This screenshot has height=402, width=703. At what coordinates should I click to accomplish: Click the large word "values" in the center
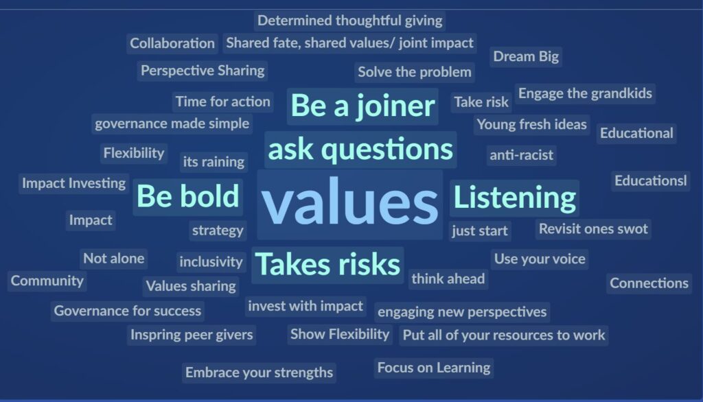pos(349,201)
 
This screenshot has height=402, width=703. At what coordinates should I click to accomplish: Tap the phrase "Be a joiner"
pos(362,106)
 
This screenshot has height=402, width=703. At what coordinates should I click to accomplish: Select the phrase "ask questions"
pos(360,149)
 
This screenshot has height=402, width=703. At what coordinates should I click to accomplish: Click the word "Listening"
pos(514,198)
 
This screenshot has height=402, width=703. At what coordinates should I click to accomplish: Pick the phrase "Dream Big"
pos(526,56)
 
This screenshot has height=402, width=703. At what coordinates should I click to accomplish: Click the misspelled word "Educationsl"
pos(651,180)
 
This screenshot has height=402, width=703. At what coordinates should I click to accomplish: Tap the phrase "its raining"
pos(214,162)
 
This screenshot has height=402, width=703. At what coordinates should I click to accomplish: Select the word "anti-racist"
pos(522,155)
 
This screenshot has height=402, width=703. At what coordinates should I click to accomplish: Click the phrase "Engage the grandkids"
pos(585,94)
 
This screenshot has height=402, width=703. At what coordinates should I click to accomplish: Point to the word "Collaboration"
pos(172,43)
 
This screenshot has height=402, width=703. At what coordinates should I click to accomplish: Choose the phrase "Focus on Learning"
pos(434,368)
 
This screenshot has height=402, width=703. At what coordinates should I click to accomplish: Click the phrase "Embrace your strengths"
pos(259,373)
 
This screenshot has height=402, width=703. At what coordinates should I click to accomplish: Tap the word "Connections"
pos(649,283)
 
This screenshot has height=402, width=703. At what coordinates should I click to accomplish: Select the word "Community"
pos(47,281)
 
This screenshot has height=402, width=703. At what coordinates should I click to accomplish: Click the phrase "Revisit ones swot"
pos(593,229)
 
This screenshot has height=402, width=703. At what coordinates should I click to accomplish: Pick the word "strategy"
pos(218,230)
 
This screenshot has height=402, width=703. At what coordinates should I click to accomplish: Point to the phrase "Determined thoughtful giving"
pos(349,21)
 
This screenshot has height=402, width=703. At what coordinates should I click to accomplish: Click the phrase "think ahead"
pos(448,279)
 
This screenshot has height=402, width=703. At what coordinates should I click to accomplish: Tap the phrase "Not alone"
pos(114,259)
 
